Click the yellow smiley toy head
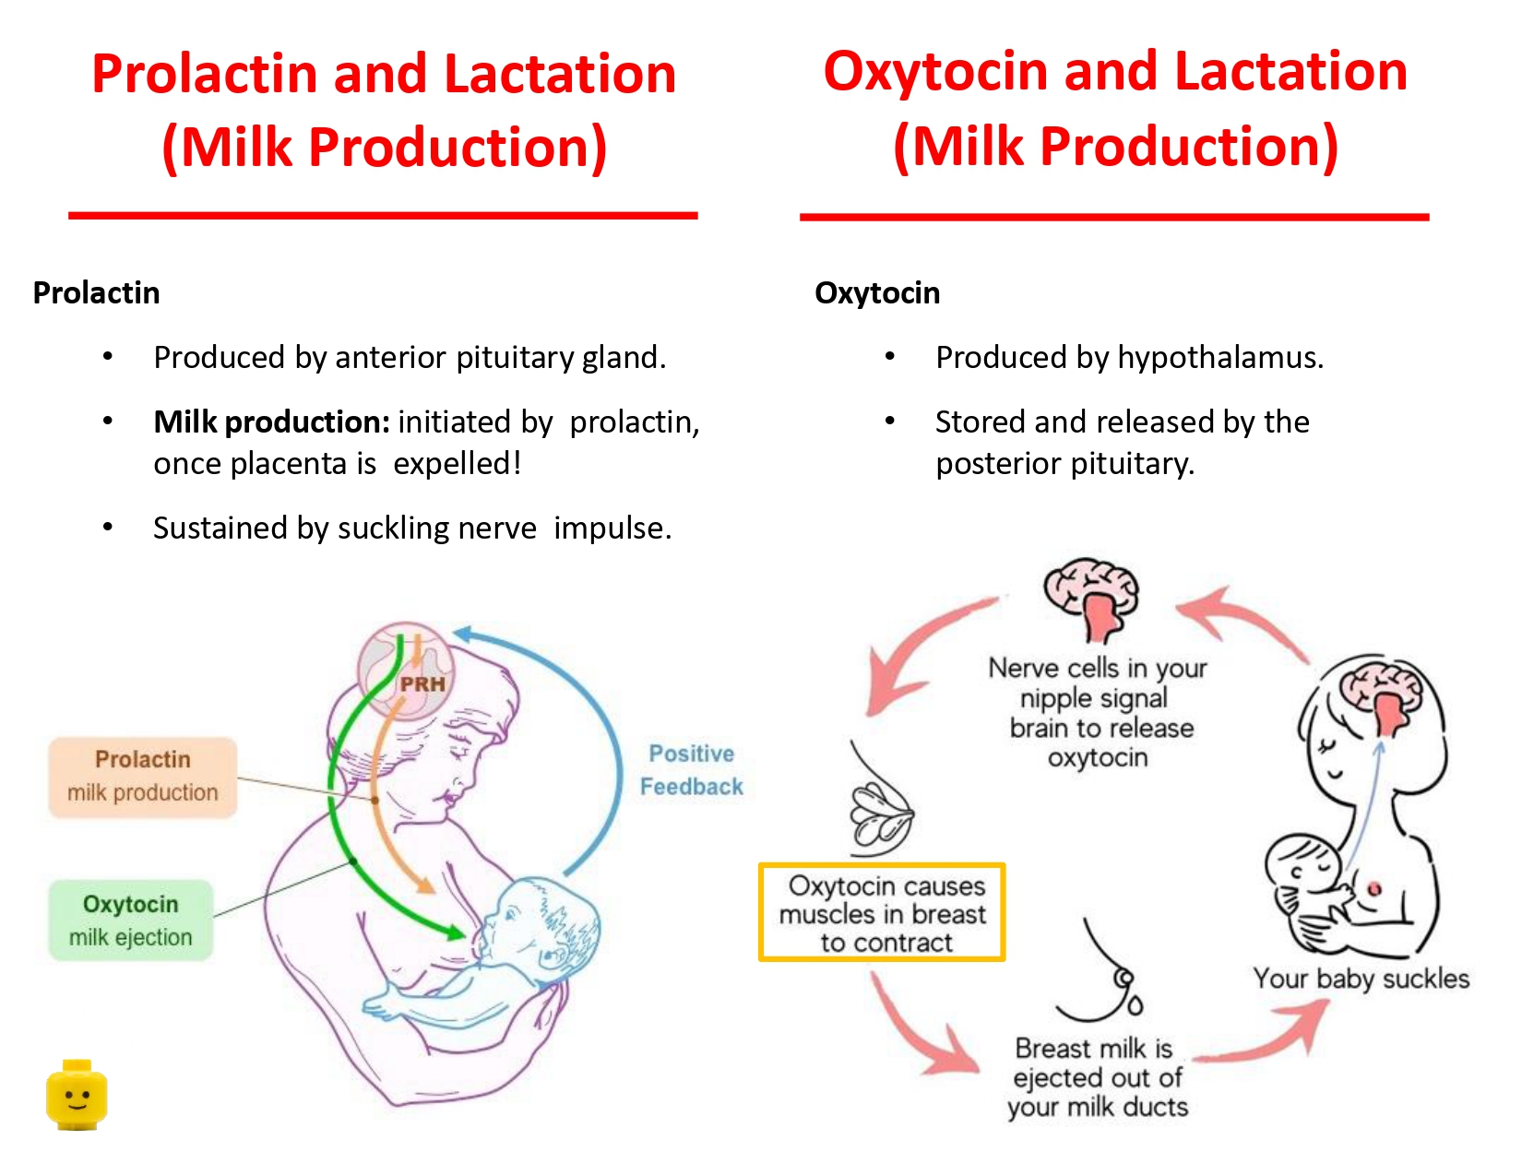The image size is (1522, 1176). click(77, 1095)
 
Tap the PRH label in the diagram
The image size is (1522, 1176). click(422, 684)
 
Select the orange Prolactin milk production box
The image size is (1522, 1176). click(143, 777)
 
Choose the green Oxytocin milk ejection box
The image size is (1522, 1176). click(131, 921)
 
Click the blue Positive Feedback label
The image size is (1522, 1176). click(691, 770)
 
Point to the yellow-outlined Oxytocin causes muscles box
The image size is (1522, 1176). click(882, 913)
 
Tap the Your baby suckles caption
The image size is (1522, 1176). click(1361, 979)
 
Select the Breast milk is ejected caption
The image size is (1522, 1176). click(1097, 1077)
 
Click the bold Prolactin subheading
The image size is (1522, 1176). click(97, 293)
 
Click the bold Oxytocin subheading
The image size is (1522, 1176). click(877, 293)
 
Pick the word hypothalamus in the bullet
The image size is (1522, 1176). click(1218, 358)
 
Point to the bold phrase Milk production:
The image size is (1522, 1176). click(271, 422)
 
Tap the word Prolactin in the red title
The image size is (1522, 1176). click(205, 74)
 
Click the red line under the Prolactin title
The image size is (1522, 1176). click(383, 216)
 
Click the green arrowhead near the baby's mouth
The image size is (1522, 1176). click(453, 932)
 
